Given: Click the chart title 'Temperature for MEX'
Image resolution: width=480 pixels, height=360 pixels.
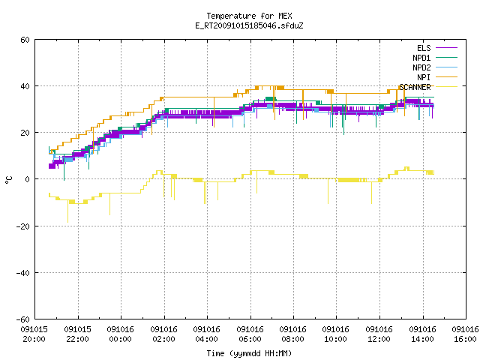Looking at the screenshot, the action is click(x=249, y=16).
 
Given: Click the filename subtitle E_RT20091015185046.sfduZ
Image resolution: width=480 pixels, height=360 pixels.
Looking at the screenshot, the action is click(x=249, y=25).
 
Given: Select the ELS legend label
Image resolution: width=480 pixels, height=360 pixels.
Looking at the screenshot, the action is click(x=424, y=48).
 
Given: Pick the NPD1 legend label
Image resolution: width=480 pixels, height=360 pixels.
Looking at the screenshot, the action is click(x=421, y=58).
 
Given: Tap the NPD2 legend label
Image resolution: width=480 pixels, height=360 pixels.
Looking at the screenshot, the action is click(x=421, y=67).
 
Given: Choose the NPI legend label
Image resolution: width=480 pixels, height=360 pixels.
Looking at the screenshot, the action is click(x=424, y=77).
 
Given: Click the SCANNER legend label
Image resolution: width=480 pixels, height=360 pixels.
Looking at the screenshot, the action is click(x=415, y=87).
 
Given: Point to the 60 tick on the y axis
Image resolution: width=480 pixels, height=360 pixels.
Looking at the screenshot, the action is click(x=25, y=40).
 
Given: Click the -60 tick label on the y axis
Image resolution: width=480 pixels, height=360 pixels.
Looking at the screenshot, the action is click(x=23, y=319).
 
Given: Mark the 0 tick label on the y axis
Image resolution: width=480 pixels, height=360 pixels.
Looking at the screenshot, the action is click(x=28, y=179).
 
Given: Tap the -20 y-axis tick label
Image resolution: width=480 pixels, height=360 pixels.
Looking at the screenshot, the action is click(x=23, y=226).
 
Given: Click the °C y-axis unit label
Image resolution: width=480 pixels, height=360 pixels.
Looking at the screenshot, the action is click(x=8, y=180).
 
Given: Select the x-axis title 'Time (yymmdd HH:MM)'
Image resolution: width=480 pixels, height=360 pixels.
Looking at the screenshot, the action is click(x=249, y=353).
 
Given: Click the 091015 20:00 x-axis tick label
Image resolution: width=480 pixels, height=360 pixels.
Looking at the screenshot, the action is click(x=34, y=334).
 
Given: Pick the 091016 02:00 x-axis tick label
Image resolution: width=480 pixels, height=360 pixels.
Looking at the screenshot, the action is click(x=163, y=334).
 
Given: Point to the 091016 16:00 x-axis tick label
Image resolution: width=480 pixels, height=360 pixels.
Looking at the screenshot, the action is click(x=465, y=334).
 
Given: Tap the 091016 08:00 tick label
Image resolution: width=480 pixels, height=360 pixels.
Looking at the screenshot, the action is click(x=293, y=334).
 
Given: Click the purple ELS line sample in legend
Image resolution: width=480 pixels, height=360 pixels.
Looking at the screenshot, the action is click(x=446, y=48).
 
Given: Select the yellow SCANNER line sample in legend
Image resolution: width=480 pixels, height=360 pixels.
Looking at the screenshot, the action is click(x=446, y=87).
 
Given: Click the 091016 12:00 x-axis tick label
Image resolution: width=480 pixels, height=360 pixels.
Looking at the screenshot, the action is click(x=379, y=334).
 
